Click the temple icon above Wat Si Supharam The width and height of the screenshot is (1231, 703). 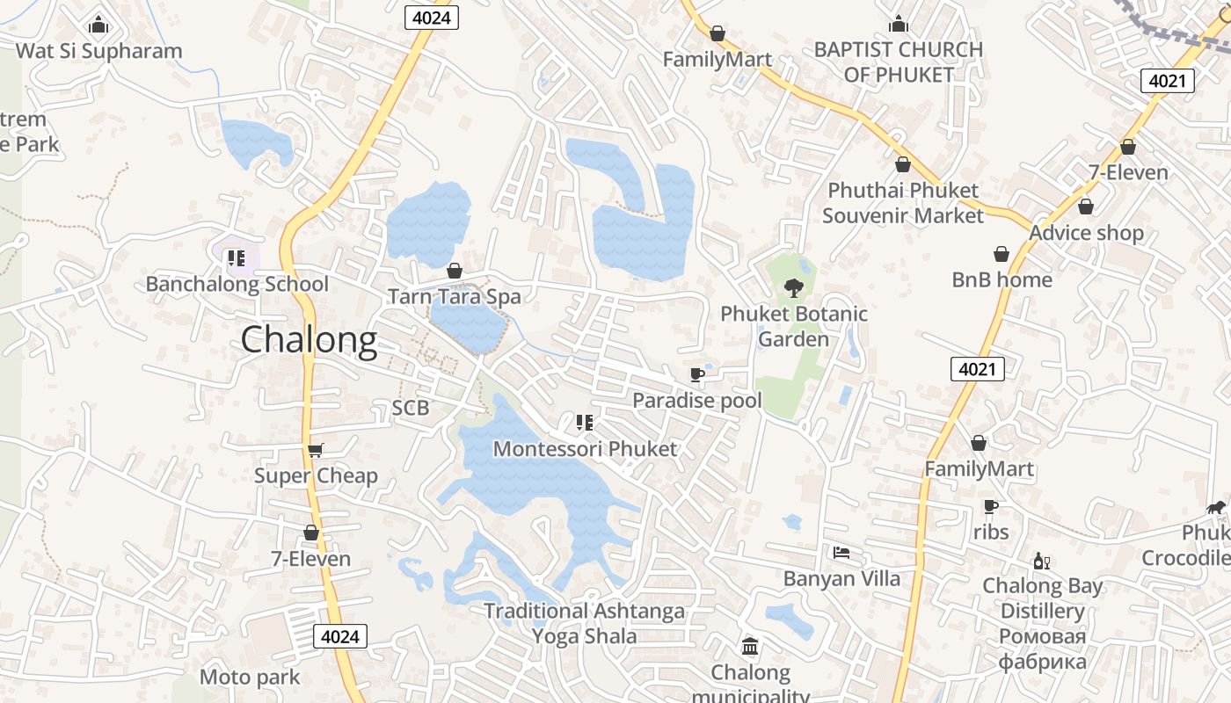[x=98, y=24]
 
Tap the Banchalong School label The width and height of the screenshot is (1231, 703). [x=237, y=284]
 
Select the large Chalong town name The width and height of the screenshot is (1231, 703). [x=309, y=340]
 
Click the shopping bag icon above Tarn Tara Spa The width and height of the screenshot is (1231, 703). [x=455, y=271]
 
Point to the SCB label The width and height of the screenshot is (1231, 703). [x=411, y=408]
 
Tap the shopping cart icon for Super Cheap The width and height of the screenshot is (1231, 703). [x=316, y=450]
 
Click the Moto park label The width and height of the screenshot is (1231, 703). [x=250, y=677]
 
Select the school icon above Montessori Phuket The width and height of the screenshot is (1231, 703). [x=585, y=423]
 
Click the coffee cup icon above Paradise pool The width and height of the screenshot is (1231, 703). [x=697, y=375]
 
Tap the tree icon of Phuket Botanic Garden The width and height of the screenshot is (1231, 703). [x=793, y=287]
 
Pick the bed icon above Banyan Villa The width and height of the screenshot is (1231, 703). [x=841, y=553]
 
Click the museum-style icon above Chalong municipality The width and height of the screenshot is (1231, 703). [x=750, y=648]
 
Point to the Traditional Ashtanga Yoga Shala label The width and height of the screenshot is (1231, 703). [x=585, y=623]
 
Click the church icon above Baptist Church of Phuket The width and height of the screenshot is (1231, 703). [x=898, y=24]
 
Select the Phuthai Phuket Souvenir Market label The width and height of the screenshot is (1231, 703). [x=903, y=203]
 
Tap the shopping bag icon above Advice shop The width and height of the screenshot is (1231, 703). [x=1086, y=207]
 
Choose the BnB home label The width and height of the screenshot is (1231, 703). [x=1002, y=279]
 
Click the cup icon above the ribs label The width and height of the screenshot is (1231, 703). [x=991, y=507]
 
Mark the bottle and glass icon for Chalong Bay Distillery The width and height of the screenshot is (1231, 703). [x=1042, y=561]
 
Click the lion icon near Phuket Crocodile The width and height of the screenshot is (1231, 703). [x=1216, y=507]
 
